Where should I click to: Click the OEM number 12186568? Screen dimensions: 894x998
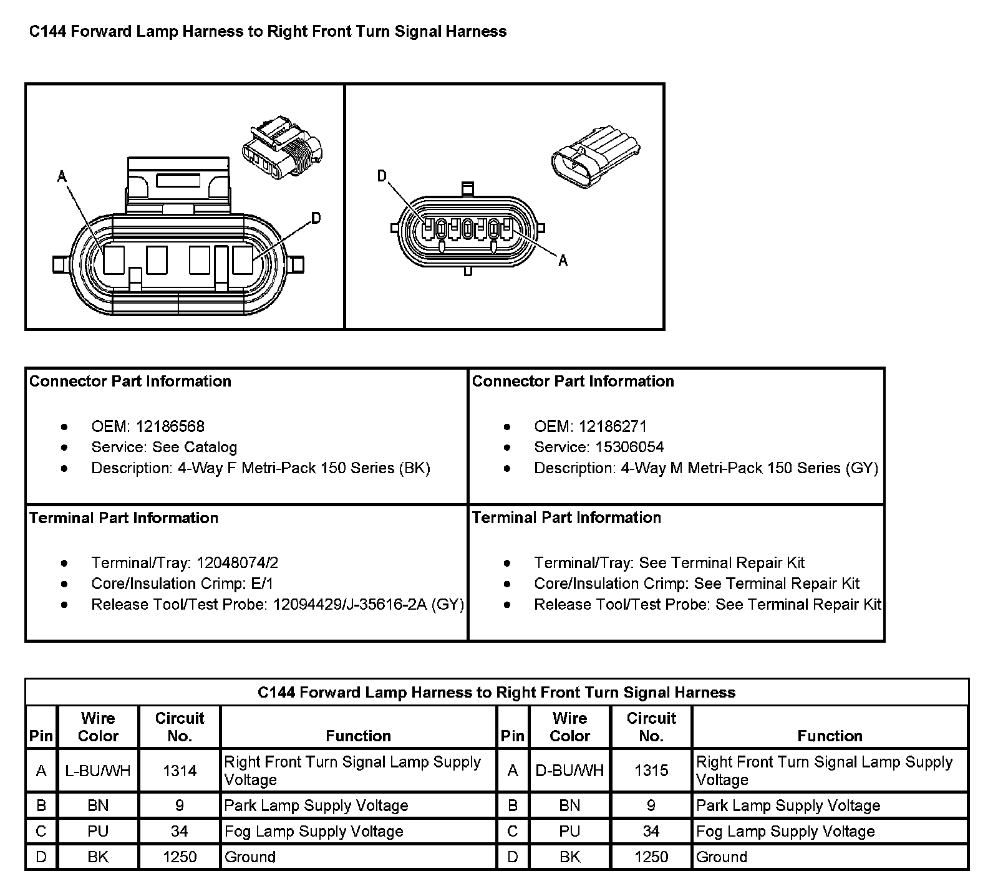point(170,426)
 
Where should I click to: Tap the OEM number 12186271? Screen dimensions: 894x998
point(613,426)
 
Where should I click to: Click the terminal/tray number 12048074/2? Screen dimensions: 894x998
point(237,563)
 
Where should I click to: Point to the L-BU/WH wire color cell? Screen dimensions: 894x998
point(98,771)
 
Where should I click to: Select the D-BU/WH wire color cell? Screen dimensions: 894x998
point(569,771)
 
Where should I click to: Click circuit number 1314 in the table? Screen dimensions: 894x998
point(180,771)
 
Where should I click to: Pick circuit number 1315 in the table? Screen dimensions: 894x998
point(651,771)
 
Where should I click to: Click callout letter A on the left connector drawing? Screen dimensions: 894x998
point(62,177)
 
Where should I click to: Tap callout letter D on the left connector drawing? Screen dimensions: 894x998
point(316,218)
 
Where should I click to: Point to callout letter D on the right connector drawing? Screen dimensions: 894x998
point(382,177)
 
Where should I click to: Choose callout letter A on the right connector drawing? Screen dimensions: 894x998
point(563,261)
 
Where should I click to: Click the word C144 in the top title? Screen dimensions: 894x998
point(49,32)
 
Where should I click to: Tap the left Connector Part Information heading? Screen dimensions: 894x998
point(130,382)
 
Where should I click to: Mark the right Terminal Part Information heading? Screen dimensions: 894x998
point(566,517)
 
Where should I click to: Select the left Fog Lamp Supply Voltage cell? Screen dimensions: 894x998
point(314,831)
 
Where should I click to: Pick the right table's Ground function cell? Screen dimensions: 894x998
point(722,857)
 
